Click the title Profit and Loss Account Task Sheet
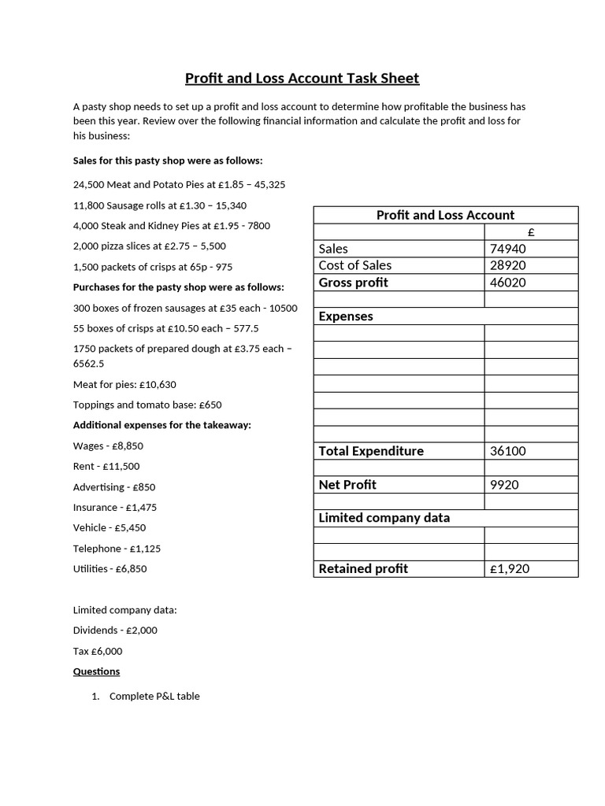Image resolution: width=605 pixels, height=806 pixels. [x=302, y=78]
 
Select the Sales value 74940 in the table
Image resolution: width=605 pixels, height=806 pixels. [x=507, y=249]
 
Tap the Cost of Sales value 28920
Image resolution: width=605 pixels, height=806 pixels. [x=507, y=265]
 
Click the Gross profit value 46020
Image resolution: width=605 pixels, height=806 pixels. [x=507, y=283]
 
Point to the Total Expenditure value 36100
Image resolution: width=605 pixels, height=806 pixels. [x=507, y=451]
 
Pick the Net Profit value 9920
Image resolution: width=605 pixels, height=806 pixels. [x=504, y=485]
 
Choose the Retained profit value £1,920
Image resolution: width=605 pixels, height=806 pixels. [x=510, y=568]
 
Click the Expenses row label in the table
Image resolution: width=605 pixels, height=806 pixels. [x=346, y=316]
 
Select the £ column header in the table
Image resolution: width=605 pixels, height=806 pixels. [x=531, y=232]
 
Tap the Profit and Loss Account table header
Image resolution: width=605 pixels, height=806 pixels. [x=445, y=215]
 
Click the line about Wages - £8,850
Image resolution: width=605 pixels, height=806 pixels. [x=108, y=446]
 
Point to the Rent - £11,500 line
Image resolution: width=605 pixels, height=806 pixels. [x=106, y=466]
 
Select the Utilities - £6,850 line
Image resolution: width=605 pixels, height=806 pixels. [x=110, y=568]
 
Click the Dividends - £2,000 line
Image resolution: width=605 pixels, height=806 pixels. [x=115, y=630]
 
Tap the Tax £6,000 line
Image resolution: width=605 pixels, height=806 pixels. [x=98, y=651]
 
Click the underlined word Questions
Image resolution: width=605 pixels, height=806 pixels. [x=97, y=671]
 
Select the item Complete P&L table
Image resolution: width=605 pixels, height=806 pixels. [x=154, y=697]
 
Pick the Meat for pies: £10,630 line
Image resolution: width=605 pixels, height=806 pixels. [x=124, y=384]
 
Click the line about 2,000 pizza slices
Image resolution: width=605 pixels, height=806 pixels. [x=150, y=246]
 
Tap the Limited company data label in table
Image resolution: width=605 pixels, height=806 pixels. [x=384, y=518]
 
